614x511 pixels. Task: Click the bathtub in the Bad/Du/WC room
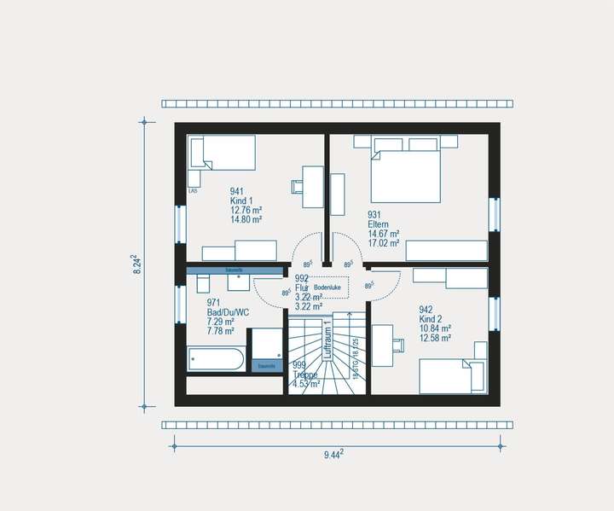tap(216, 359)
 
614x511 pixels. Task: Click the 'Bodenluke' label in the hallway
tap(327, 288)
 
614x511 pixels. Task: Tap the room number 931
tap(374, 215)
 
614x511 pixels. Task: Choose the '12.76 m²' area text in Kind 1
tap(246, 210)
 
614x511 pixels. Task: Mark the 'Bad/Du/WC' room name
tap(229, 312)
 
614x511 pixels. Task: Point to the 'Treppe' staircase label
tap(304, 375)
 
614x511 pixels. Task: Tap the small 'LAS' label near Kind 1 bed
tap(193, 191)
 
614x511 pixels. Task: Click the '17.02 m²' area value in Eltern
tap(383, 243)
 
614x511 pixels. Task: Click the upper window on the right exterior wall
tap(494, 214)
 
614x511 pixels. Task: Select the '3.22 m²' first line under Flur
tap(308, 296)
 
